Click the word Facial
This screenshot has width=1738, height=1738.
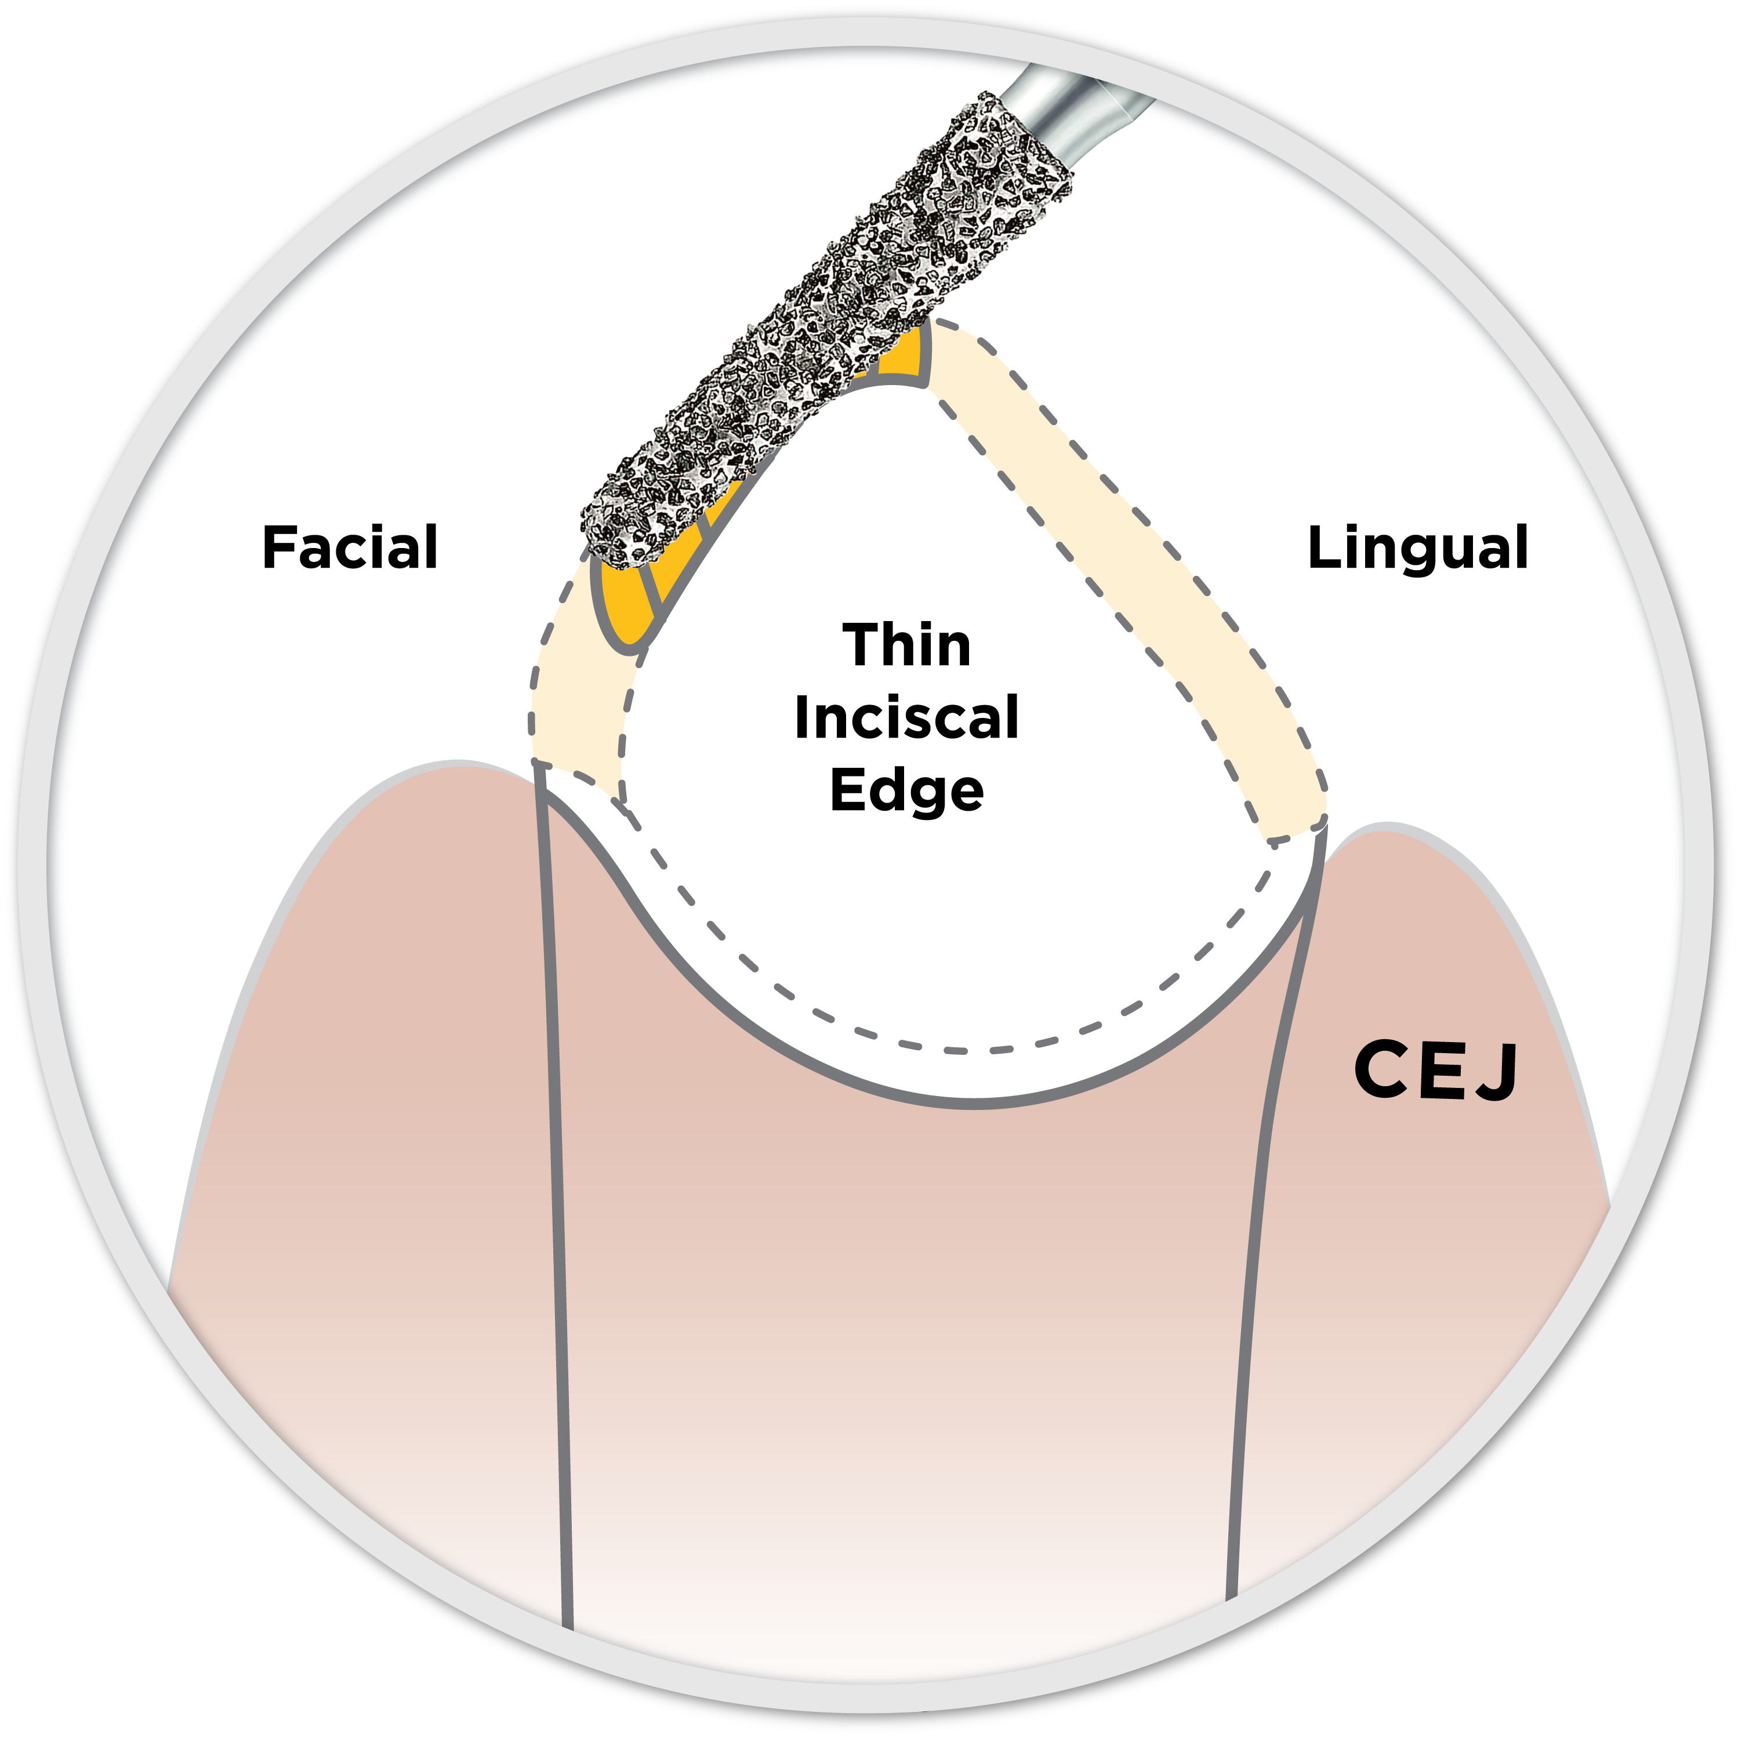pos(349,548)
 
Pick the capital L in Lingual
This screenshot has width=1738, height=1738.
pos(1322,548)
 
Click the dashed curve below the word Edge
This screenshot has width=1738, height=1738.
pos(953,1049)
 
